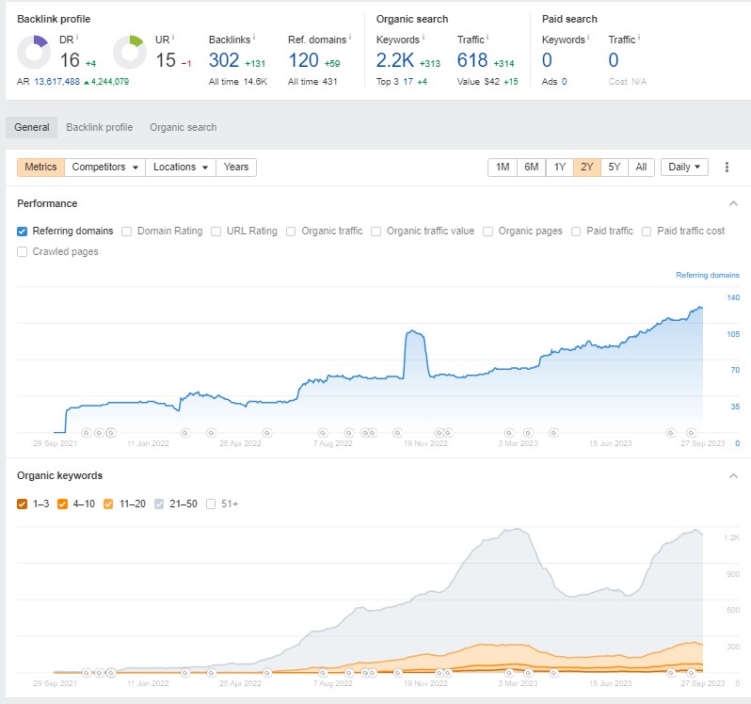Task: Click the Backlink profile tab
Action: (x=99, y=127)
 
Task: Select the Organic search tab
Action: (x=183, y=127)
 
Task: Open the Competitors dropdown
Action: (x=104, y=168)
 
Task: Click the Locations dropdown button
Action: (x=181, y=168)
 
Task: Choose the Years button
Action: (x=236, y=168)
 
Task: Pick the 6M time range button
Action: (x=531, y=168)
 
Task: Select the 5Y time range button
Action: (x=615, y=168)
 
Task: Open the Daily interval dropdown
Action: (x=684, y=168)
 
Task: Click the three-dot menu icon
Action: (x=727, y=168)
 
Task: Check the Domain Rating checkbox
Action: (x=126, y=232)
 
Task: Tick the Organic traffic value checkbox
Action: (x=376, y=232)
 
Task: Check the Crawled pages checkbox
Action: (x=22, y=252)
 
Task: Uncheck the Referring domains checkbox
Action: (x=22, y=232)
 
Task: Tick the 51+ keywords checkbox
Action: (x=211, y=504)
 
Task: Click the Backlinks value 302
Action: (x=224, y=60)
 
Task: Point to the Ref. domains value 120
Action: (x=303, y=60)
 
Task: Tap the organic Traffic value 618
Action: (x=472, y=60)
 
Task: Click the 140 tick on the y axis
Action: (x=733, y=297)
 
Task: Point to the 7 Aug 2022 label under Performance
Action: (x=333, y=443)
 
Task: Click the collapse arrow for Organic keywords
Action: (x=733, y=476)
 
